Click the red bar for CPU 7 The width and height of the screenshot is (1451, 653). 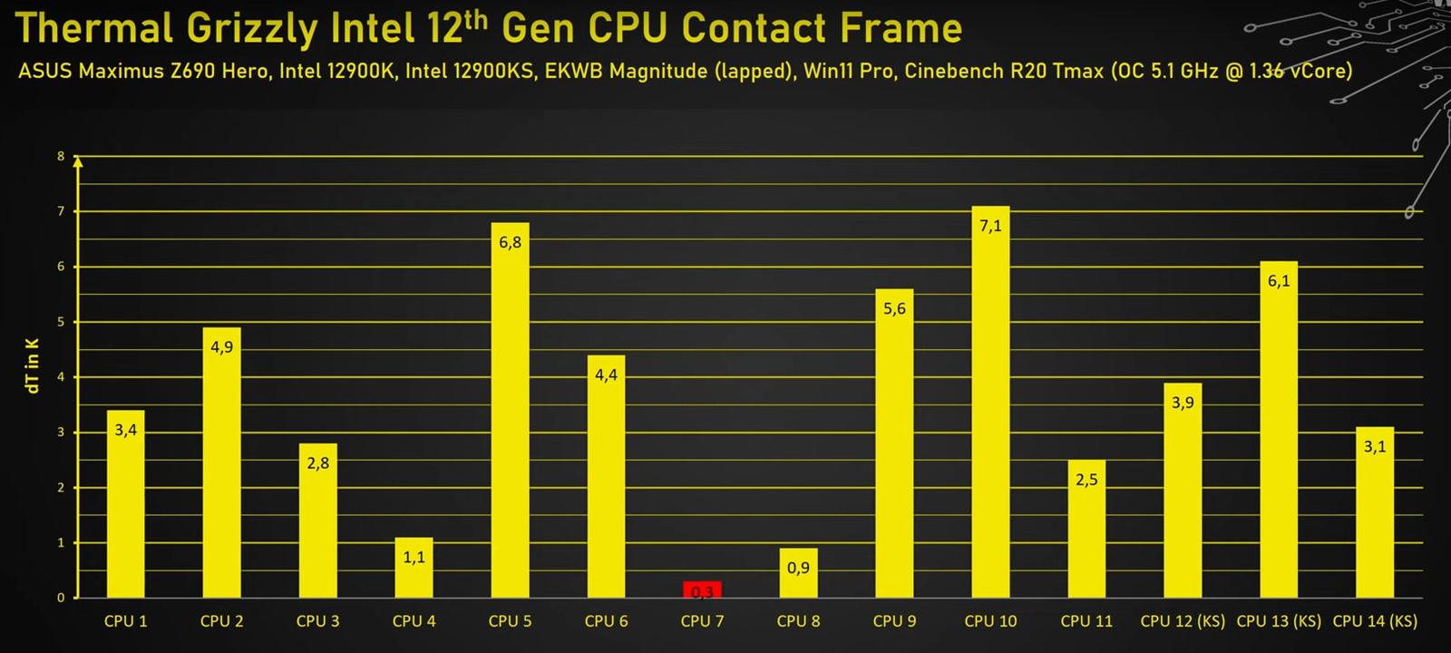click(702, 590)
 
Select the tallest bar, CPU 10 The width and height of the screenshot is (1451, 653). click(990, 408)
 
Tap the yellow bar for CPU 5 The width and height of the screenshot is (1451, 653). click(510, 417)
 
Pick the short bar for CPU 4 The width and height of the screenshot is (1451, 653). click(414, 569)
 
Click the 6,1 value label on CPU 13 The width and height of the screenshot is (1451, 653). click(1279, 281)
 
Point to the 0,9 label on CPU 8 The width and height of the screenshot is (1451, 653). click(798, 569)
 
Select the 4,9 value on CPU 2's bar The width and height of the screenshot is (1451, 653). click(221, 347)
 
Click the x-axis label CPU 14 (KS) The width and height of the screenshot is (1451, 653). click(1375, 621)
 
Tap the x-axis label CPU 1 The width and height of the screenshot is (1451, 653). click(125, 621)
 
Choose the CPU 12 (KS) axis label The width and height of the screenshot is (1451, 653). click(1183, 621)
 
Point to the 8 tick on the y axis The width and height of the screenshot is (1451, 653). click(62, 157)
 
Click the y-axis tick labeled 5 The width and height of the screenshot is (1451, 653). click(62, 322)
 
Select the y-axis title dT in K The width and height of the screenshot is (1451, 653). click(33, 365)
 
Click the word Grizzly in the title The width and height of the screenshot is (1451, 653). click(251, 29)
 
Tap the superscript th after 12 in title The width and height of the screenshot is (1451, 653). click(476, 19)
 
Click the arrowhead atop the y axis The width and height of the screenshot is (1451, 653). click(78, 162)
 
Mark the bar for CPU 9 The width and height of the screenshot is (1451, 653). click(894, 444)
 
